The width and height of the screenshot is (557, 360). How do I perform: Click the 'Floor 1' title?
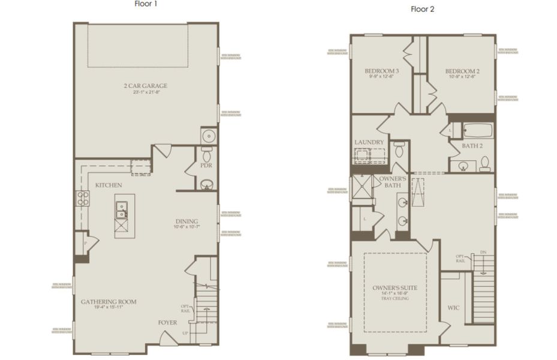point(146,4)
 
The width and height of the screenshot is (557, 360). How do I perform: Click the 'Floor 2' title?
point(423,8)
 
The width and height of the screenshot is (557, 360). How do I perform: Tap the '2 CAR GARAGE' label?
point(146,86)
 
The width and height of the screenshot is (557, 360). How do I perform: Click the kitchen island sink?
point(121,210)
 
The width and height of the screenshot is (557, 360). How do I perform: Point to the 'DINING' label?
point(186,221)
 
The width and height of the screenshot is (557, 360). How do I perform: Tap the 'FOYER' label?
point(168,323)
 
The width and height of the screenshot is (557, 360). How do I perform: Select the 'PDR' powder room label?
point(206,166)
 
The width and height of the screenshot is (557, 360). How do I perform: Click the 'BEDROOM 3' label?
point(382,71)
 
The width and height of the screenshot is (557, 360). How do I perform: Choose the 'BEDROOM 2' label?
point(462,71)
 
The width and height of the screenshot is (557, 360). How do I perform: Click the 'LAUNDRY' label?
point(369,142)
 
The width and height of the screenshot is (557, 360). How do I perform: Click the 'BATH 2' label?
point(472,146)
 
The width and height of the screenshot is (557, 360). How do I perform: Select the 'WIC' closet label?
point(453,308)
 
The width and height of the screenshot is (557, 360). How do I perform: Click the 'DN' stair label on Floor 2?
point(483,253)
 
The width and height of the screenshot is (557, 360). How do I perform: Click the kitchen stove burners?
point(82,198)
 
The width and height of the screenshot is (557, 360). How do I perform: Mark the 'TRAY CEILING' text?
point(395,299)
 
